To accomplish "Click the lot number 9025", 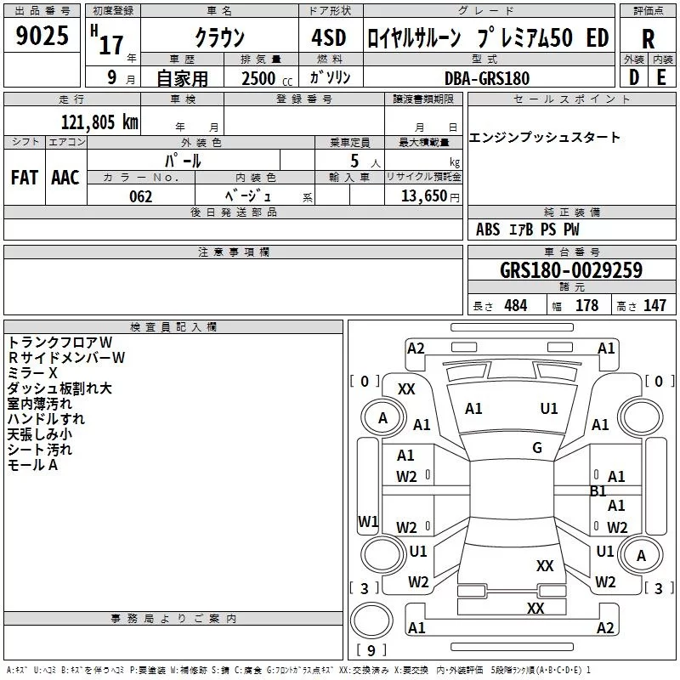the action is pos(42,36).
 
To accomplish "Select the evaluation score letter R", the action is pos(648,39).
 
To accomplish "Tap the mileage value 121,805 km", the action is pos(99,122).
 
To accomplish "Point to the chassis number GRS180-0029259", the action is pos(571,269).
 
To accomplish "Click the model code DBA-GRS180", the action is pos(487,78).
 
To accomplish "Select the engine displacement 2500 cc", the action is pos(267,78).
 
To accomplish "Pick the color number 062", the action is pos(141,196).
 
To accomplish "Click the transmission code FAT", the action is pos(25,178).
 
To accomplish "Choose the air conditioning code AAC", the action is pos(65,178).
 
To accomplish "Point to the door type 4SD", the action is pos(329,37).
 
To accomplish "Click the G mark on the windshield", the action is pos(537,447).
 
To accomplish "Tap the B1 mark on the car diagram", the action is pos(598,491).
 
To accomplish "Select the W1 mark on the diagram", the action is pos(368,521).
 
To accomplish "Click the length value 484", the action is pos(516,305).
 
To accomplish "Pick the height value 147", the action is pos(654,305).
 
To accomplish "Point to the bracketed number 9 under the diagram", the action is pos(371,650).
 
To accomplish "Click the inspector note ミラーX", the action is pos(32,373).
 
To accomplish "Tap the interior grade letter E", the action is pos(661,77).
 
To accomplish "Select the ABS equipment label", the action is pos(488,229).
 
